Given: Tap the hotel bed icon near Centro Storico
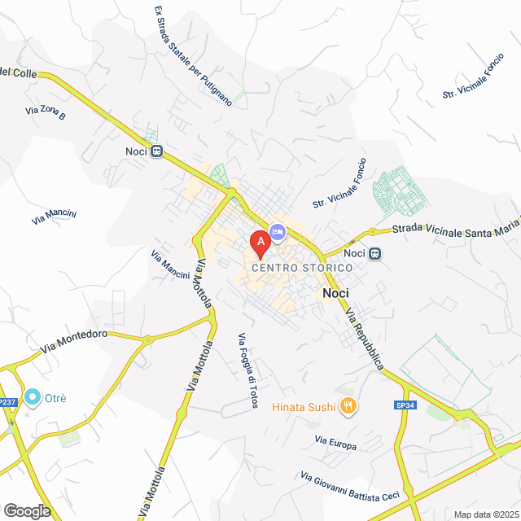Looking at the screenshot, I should click(277, 233).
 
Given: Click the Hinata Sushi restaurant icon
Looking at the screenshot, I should click(348, 405).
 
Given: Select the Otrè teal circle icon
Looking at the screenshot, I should click(33, 397).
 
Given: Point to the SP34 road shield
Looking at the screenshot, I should click(405, 405).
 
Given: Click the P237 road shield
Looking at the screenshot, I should click(7, 402).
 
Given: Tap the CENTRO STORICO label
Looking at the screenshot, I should click(290, 268).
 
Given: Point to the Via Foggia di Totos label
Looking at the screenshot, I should click(247, 371).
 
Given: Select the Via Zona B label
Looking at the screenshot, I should click(45, 112).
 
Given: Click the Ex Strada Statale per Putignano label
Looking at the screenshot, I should click(193, 56).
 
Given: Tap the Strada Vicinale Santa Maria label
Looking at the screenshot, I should click(456, 233).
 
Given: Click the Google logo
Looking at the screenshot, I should click(26, 510).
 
